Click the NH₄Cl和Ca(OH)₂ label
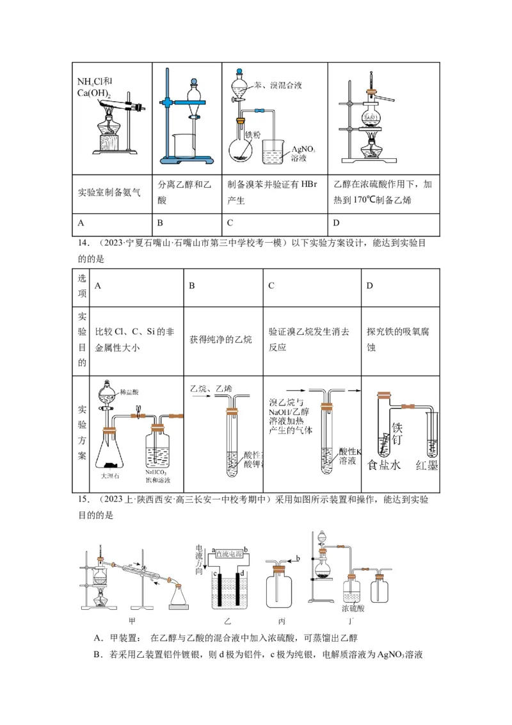tap(95, 86)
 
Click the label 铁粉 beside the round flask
tap(253, 135)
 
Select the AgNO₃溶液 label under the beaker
tap(303, 152)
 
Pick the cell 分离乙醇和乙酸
tap(184, 192)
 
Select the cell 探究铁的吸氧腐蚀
tap(397, 339)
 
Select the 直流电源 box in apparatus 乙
tap(230, 553)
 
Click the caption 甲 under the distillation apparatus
tap(132, 620)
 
